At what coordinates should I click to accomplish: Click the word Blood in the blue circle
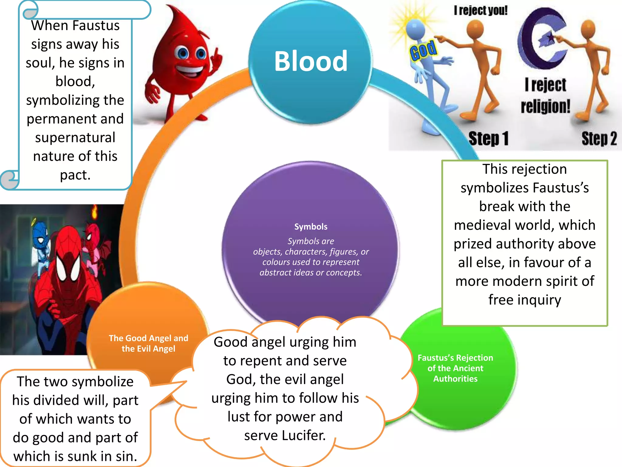point(310,61)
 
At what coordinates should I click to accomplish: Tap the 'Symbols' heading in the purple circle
point(311,227)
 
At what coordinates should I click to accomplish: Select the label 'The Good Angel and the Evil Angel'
point(148,343)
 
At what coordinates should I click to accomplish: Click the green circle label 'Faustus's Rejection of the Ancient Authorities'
point(455,368)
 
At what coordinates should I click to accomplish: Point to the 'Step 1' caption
point(488,139)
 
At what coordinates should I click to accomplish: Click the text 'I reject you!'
point(480,11)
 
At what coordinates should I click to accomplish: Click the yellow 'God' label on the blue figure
point(423,50)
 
